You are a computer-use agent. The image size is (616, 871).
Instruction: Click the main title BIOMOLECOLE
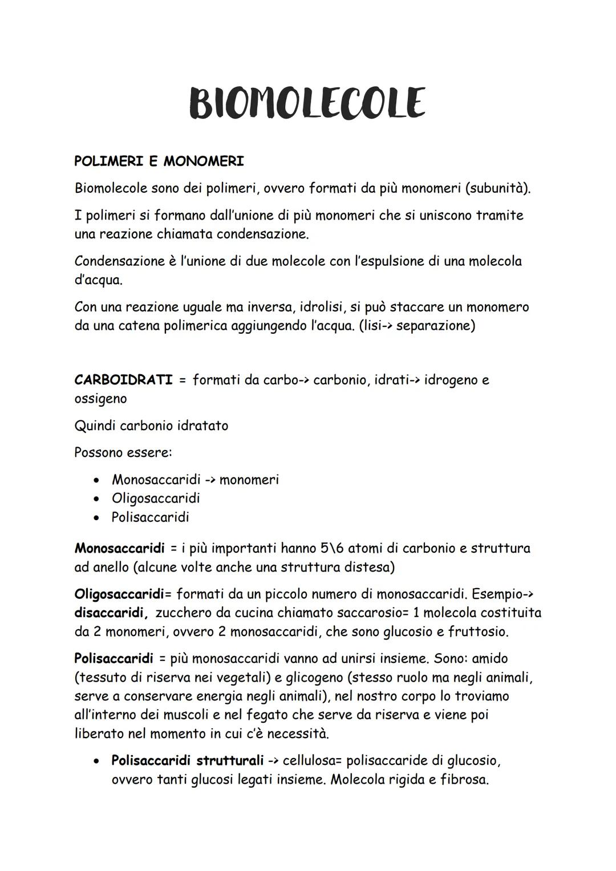(307, 103)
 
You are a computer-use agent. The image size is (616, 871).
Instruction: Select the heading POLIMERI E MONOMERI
(159, 161)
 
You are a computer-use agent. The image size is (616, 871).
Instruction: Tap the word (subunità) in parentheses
(497, 188)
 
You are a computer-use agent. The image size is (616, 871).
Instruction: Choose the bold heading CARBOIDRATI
(123, 380)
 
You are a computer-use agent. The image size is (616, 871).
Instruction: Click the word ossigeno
(100, 399)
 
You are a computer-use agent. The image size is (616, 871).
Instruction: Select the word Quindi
(95, 426)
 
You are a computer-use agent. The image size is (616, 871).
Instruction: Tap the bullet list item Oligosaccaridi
(156, 499)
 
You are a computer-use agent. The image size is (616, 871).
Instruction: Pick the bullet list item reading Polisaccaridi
(150, 517)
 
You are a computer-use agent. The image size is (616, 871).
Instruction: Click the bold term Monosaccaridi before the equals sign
(119, 549)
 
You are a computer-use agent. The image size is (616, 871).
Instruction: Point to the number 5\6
(332, 549)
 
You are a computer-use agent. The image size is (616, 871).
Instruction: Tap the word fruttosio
(478, 632)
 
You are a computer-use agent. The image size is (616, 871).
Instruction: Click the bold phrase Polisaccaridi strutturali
(187, 761)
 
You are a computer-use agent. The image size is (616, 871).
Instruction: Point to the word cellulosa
(311, 761)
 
